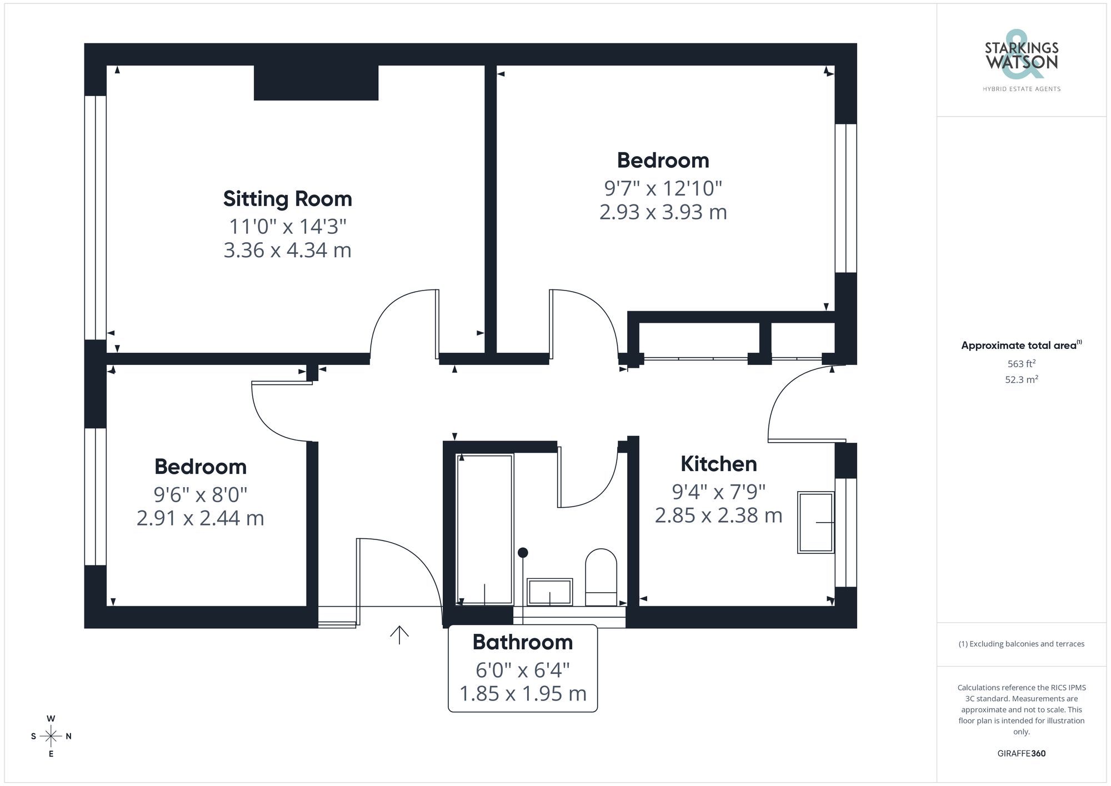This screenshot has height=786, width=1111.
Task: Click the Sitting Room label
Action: point(287,199)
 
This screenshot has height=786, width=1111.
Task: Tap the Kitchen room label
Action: point(718,464)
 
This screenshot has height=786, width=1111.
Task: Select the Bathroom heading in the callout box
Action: point(522,642)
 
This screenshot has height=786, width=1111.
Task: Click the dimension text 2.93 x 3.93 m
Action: point(663,212)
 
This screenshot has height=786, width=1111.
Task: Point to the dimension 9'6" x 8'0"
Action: point(200,494)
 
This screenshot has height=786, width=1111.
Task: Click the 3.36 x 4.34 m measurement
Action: point(287,251)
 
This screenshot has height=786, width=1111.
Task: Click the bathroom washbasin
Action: point(549,592)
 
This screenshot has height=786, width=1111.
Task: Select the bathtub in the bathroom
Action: point(484,529)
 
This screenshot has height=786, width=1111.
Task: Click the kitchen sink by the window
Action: point(815,522)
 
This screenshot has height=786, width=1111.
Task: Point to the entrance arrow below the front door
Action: point(399,634)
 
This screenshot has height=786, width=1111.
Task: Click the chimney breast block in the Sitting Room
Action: point(316,83)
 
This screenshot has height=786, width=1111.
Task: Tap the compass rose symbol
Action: point(51,737)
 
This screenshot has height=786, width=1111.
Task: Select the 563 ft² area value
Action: point(1021,364)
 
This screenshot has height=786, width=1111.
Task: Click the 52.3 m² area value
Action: point(1021,380)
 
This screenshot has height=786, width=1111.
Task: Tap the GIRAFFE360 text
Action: point(1021,754)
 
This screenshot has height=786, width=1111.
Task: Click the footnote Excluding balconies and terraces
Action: point(1021,644)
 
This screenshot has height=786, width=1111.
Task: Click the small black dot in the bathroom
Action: point(523,553)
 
